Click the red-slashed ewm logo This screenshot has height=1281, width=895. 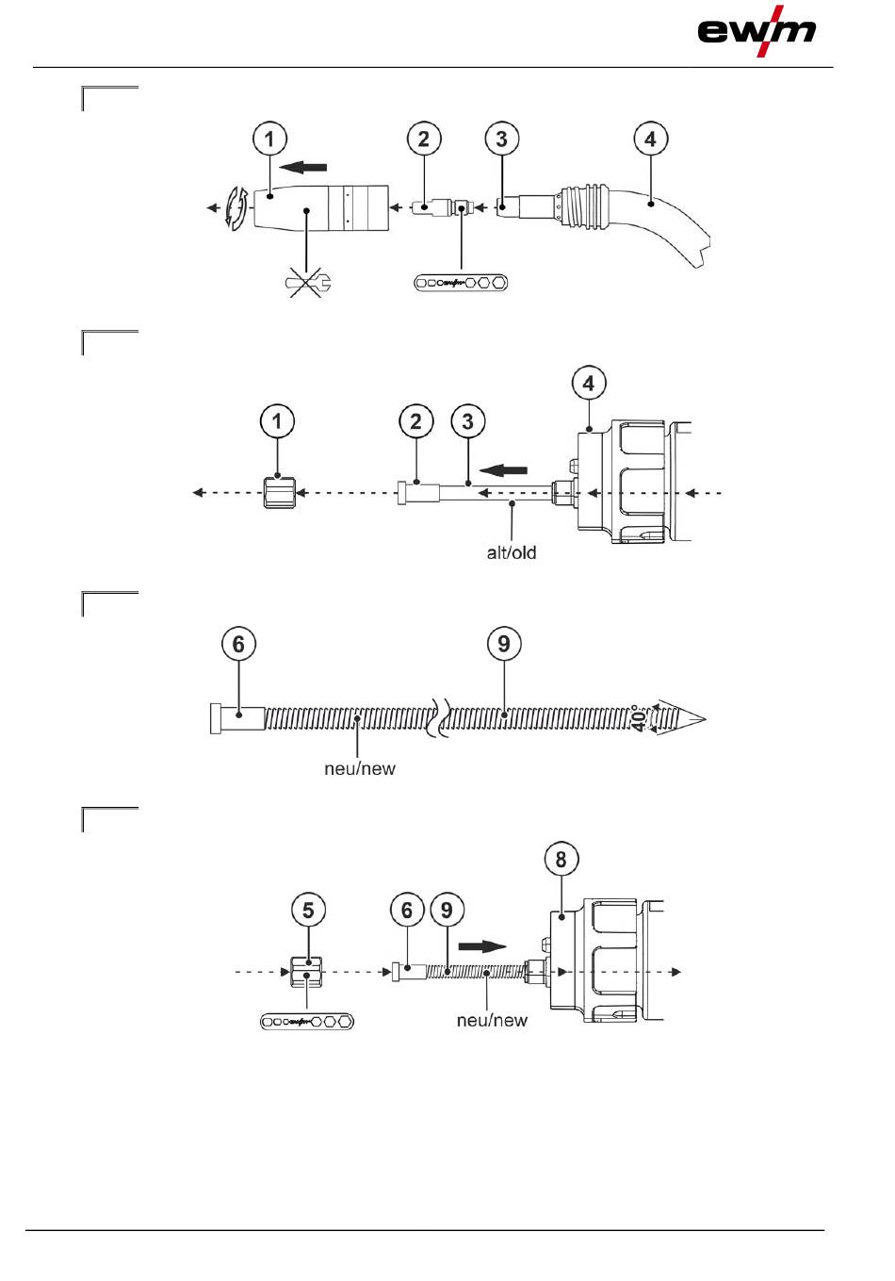[757, 31]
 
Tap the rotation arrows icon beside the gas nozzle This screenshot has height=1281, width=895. [236, 208]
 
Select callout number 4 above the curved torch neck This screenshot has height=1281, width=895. [650, 139]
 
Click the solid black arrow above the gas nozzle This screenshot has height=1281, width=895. [303, 168]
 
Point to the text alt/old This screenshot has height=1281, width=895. [512, 552]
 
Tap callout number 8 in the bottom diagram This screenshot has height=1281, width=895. [561, 859]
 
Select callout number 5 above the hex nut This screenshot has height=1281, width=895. [308, 910]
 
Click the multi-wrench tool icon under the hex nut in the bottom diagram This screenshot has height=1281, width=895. [307, 1022]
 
